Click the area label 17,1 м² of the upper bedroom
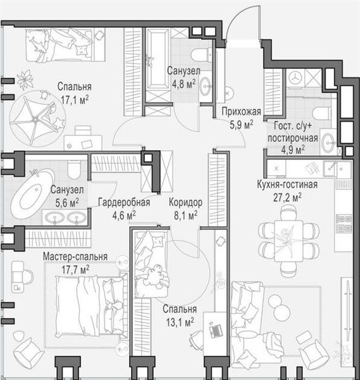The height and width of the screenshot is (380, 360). pyautogui.click(x=75, y=100)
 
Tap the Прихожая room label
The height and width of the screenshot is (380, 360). pyautogui.click(x=242, y=111)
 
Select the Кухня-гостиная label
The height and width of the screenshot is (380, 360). pyautogui.click(x=287, y=185)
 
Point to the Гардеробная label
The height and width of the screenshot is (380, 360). pyautogui.click(x=124, y=202)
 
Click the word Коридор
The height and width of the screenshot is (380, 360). pyautogui.click(x=185, y=203)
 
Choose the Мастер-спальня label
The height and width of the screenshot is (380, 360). pyautogui.click(x=75, y=256)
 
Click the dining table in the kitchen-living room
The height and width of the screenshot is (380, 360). pyautogui.click(x=289, y=241)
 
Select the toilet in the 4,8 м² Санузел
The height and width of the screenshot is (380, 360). pyautogui.click(x=201, y=54)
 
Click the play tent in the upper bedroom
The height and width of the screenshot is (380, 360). pyautogui.click(x=37, y=119)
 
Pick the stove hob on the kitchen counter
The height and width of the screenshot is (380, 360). pyautogui.click(x=344, y=224)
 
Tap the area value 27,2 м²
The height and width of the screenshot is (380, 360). pyautogui.click(x=287, y=198)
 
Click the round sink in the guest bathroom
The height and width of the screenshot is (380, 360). pyautogui.click(x=328, y=142)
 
